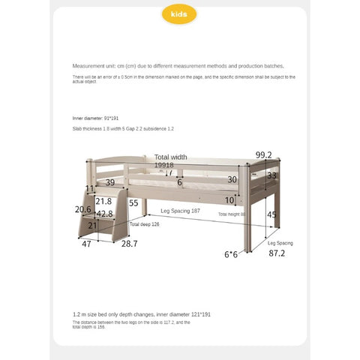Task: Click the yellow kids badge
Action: [x=180, y=15]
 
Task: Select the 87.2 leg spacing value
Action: [x=277, y=253]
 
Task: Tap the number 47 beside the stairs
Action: [x=86, y=244]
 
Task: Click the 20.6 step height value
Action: [x=82, y=210]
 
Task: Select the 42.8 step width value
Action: [x=104, y=214]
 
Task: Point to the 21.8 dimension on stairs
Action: [x=103, y=201]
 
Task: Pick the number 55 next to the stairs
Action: [x=133, y=202]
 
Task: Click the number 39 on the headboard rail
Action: [x=110, y=182]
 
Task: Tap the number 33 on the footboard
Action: [x=271, y=175]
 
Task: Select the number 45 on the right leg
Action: [x=271, y=215]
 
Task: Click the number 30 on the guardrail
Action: [x=232, y=180]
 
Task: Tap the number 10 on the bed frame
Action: [x=229, y=199]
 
